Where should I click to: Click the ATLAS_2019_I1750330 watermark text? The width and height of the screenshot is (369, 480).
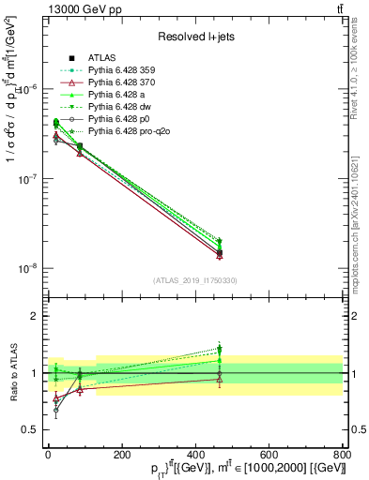pyautogui.click(x=195, y=280)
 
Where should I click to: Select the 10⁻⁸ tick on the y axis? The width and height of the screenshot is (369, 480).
pyautogui.click(x=28, y=269)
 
